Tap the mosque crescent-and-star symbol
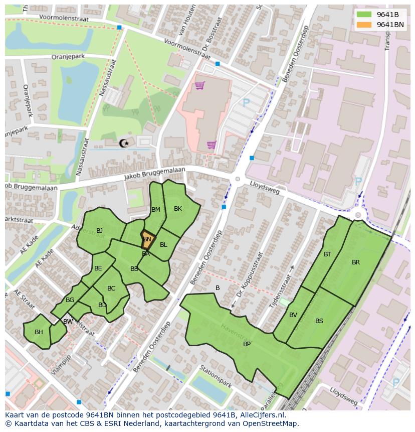coord(124,143)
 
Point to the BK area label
coord(178,209)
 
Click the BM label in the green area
coord(156,210)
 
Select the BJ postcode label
coord(99,231)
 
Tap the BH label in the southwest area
coord(39,332)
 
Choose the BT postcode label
coord(327,254)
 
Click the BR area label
coord(356,262)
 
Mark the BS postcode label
coord(319,321)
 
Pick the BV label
coord(293,315)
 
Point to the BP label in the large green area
coord(247,344)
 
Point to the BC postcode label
coord(111,289)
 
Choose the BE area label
coord(98,268)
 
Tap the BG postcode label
coord(70,300)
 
